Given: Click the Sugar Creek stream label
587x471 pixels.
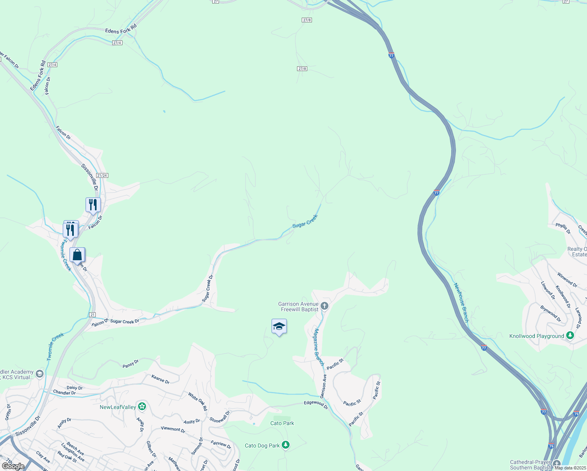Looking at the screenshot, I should [305, 221].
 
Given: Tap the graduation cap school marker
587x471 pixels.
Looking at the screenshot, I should [279, 327].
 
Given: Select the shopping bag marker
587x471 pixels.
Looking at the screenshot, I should [77, 255].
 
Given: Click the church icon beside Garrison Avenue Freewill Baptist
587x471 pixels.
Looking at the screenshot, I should [324, 306].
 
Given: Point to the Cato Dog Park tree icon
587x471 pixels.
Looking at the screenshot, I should [286, 445].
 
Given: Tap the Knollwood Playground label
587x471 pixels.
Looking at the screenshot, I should [536, 336].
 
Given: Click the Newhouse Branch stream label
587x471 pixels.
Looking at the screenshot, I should [461, 303].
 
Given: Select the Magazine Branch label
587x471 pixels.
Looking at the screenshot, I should [318, 347].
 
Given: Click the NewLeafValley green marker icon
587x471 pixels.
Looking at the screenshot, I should [142, 407].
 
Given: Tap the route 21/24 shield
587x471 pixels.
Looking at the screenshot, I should [102, 175].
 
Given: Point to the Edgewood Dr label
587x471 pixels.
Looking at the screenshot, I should [316, 405].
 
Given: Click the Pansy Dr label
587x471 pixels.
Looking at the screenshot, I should [131, 364].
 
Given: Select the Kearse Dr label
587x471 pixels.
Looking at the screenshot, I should [160, 379].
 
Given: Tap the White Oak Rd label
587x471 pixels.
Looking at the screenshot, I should [197, 402].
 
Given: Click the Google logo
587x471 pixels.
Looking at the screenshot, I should [13, 466].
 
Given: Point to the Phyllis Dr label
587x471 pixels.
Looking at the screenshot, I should [563, 228].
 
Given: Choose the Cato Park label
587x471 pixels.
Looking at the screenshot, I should [282, 423].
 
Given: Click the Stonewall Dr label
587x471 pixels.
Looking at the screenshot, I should [219, 417].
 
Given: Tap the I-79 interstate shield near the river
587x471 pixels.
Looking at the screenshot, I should [576, 414].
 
